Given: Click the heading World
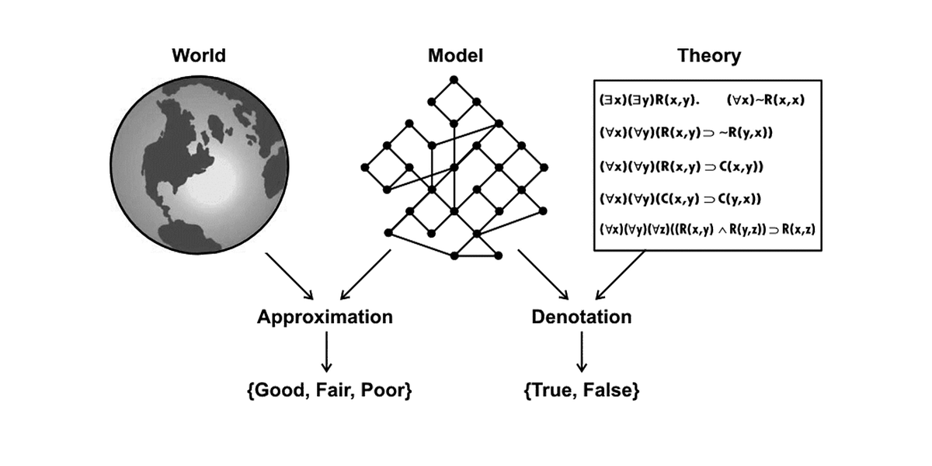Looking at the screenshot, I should click(199, 56).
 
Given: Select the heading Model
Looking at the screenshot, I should click(455, 56).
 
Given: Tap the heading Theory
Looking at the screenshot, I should click(708, 56).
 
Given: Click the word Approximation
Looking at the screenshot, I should click(325, 318).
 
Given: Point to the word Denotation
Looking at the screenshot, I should click(581, 318).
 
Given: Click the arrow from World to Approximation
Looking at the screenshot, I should click(288, 276).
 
